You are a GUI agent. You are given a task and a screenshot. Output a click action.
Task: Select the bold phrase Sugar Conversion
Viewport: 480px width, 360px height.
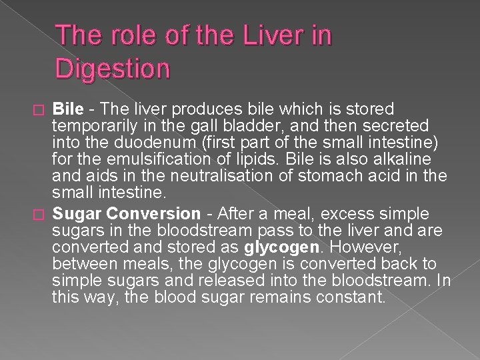pos(126,214)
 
